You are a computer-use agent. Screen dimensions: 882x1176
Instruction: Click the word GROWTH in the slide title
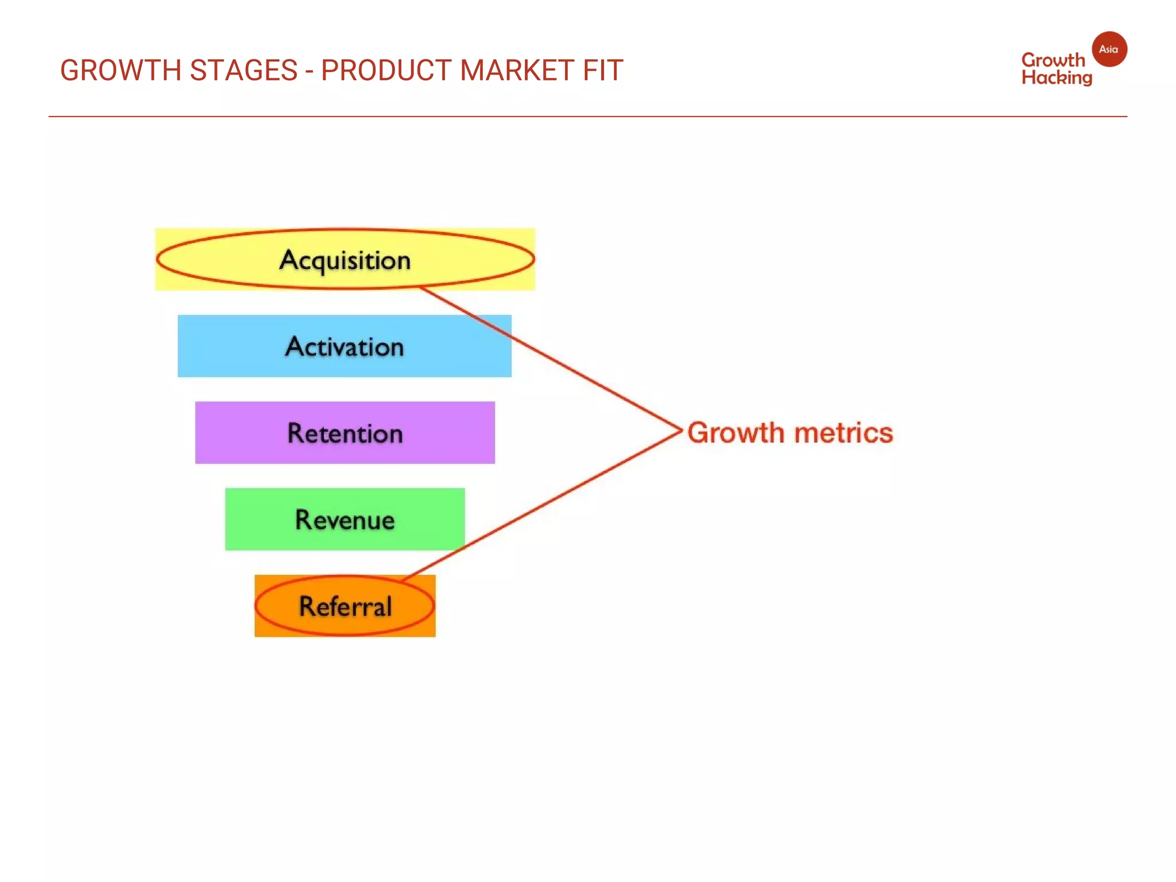[121, 71]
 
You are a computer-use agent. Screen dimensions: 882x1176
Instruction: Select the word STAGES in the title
[243, 71]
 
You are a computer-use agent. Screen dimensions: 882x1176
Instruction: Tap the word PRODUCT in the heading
[386, 71]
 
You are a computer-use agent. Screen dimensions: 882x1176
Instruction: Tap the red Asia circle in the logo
[1109, 49]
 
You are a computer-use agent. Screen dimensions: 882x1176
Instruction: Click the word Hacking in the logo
[1057, 78]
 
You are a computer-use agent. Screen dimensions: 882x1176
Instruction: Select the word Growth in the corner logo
[1053, 60]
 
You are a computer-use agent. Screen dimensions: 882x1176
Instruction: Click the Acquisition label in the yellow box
[345, 260]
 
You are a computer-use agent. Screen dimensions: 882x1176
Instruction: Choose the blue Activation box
[345, 346]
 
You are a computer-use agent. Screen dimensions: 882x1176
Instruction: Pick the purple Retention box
[345, 433]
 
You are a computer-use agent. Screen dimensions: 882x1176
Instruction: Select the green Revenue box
[345, 520]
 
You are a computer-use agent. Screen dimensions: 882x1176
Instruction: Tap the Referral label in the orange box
[345, 606]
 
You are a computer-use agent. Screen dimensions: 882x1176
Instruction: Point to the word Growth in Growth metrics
[736, 433]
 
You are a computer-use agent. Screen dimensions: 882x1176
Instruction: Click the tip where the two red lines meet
[681, 430]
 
